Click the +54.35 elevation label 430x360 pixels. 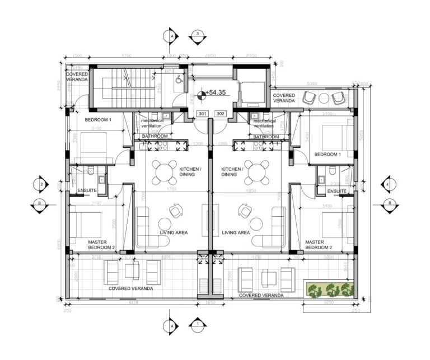point(215,92)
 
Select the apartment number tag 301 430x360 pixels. point(202,114)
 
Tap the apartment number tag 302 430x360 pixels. point(220,114)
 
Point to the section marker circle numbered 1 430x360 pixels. point(197,324)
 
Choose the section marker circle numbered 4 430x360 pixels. point(387,184)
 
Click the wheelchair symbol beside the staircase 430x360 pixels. point(177,80)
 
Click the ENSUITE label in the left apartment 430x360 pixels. point(87,191)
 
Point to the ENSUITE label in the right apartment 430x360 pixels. point(336,191)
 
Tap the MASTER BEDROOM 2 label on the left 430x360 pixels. point(101,245)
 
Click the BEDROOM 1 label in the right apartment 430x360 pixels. point(327,154)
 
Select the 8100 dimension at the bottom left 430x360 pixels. point(133,302)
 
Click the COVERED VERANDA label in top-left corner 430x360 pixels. point(77,77)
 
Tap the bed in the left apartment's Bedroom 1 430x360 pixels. point(96,147)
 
